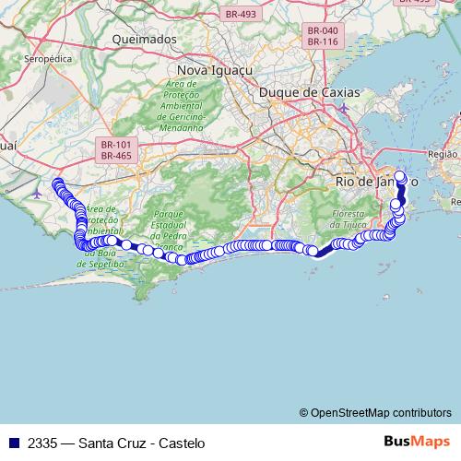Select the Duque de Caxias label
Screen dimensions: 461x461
309,92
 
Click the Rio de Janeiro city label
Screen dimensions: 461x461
378,183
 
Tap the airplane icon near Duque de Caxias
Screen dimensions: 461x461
344,109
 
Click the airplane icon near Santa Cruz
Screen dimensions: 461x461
36,194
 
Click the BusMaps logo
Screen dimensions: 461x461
418,442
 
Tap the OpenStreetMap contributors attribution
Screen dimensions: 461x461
374,412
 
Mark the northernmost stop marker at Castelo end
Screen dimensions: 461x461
400,176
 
